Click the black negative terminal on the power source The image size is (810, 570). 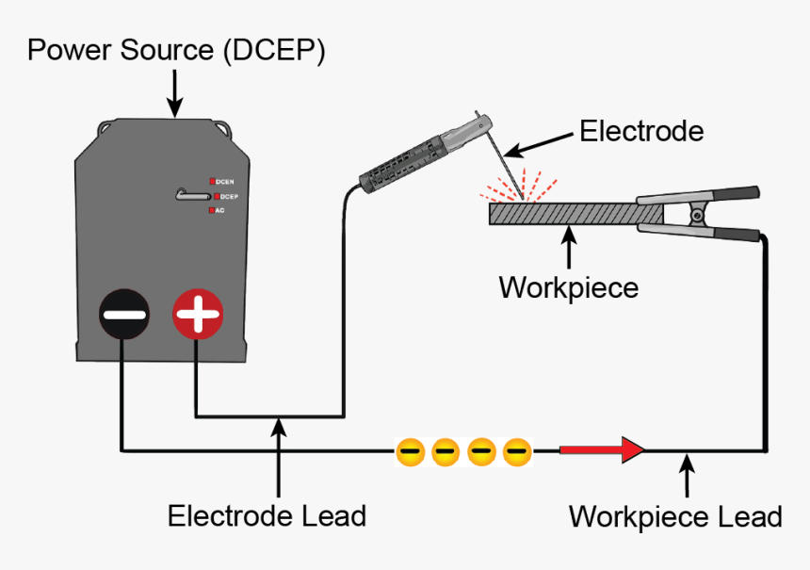(124, 315)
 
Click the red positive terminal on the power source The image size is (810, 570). (198, 315)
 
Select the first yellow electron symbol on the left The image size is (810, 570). (410, 452)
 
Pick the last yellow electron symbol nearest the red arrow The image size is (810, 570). (517, 452)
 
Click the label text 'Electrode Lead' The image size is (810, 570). (267, 515)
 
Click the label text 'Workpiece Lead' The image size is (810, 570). (675, 516)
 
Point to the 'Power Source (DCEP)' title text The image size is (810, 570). (176, 50)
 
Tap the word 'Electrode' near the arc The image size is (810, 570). (640, 130)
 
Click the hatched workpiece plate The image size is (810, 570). (565, 214)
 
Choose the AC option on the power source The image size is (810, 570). (218, 211)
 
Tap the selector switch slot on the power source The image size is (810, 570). (192, 195)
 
